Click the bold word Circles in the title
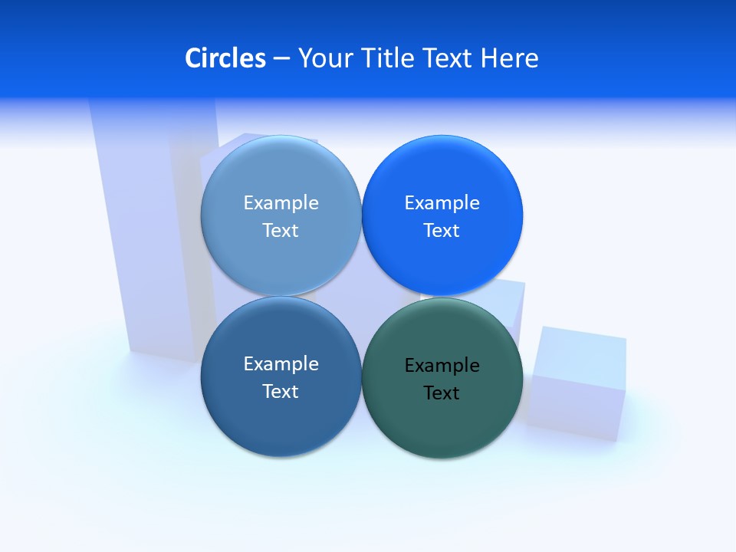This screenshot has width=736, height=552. pos(225,58)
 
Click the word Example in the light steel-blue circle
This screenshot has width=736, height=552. pos(281,203)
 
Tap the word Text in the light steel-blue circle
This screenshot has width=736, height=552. pos(281,231)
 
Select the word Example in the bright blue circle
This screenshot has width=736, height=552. pos(442,203)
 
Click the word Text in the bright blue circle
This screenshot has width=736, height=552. pos(442,231)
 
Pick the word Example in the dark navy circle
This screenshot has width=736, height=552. pos(281,364)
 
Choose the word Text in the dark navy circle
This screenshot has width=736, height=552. pos(281,392)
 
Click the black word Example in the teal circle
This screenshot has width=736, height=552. pos(442,366)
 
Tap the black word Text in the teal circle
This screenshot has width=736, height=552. pos(442,393)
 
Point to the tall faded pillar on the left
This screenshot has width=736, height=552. pos(146,230)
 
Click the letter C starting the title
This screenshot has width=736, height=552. pos(193,58)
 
